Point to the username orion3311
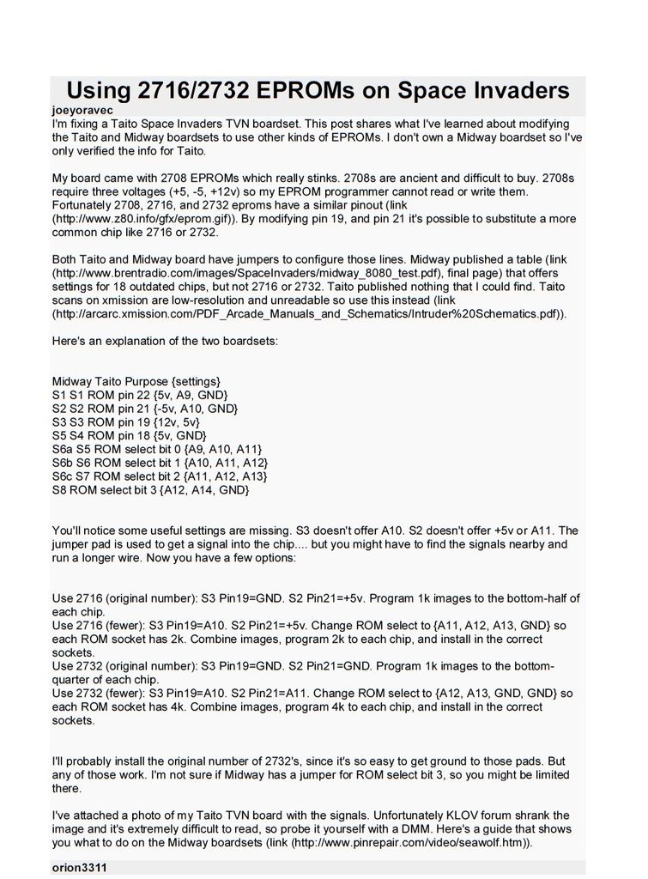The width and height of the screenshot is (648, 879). [80, 868]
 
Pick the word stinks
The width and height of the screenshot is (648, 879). [316, 178]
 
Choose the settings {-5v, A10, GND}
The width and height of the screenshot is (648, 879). [195, 408]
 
